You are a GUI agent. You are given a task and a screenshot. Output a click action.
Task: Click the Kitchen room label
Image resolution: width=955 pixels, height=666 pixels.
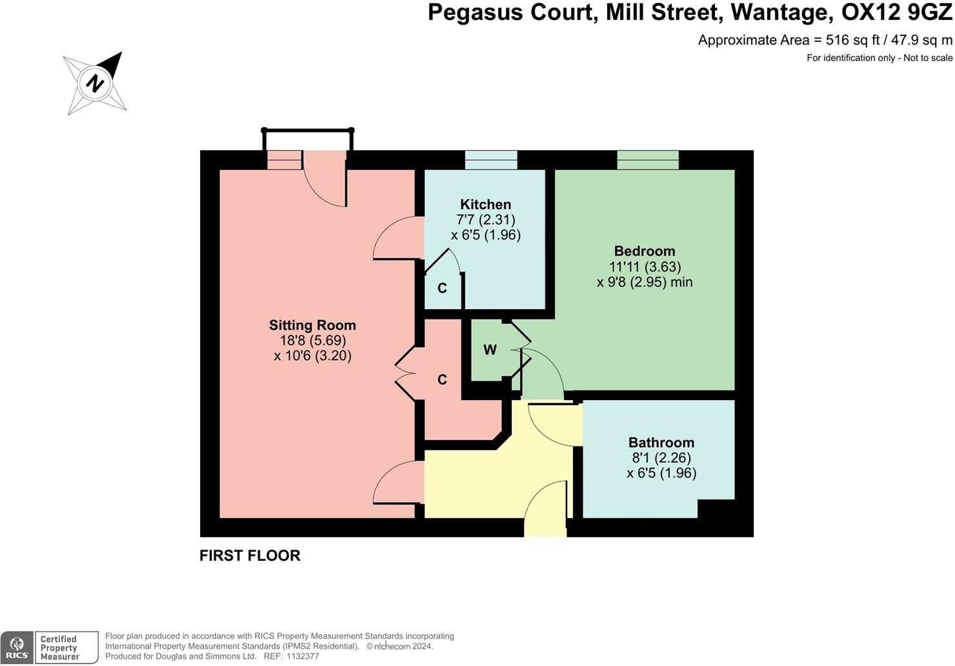tap(485, 205)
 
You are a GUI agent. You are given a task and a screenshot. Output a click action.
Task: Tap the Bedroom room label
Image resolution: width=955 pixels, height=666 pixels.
tap(644, 251)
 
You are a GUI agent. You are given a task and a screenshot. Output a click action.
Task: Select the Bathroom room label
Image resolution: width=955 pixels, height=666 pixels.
tap(661, 443)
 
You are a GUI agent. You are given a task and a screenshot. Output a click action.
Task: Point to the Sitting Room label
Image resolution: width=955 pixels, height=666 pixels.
tap(312, 325)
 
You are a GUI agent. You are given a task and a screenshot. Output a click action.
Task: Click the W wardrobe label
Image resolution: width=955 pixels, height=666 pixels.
tap(490, 350)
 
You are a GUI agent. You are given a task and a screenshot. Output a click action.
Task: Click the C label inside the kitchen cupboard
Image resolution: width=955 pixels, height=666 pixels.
tap(442, 288)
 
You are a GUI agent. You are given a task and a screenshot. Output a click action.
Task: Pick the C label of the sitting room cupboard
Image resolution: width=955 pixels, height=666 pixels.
tap(442, 379)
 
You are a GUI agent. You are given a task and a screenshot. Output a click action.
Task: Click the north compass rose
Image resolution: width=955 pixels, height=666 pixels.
tap(96, 83)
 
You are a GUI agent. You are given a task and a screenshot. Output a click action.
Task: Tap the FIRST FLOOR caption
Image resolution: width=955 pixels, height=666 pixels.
tap(250, 556)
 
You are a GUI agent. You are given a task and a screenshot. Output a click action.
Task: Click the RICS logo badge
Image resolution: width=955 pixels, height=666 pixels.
tap(17, 648)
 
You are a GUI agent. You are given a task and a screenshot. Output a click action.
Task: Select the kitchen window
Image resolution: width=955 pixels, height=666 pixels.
tap(491, 159)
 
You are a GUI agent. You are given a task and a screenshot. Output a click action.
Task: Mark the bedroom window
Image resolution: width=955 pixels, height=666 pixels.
tap(648, 159)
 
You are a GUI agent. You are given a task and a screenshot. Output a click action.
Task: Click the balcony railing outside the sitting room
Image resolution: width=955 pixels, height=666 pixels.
tap(308, 131)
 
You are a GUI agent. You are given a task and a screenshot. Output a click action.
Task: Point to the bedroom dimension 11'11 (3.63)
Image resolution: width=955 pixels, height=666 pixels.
tap(645, 267)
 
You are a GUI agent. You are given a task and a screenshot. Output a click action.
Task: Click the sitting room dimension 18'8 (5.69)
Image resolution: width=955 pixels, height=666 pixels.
tap(312, 340)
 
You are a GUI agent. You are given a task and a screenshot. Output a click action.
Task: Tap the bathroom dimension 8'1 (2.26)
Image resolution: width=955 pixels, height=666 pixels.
tap(661, 458)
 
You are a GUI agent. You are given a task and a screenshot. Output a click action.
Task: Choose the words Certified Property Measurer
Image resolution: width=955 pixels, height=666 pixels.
tap(59, 648)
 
